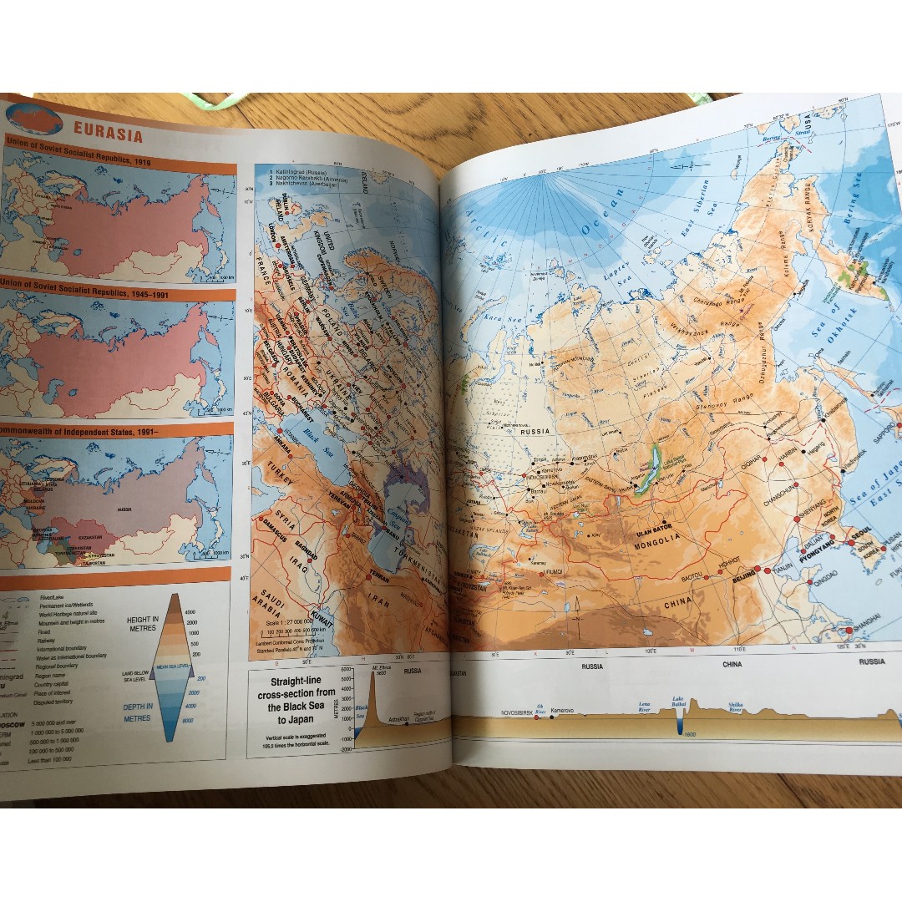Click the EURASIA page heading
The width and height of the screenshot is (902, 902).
[x=108, y=132]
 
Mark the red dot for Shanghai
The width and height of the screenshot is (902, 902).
[x=849, y=630]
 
